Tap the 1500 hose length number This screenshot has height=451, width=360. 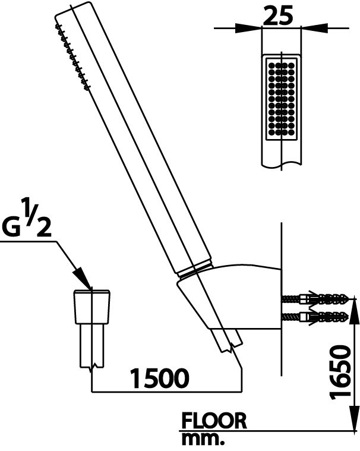[160, 378]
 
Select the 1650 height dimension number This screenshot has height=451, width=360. [341, 373]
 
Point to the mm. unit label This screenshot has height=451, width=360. [203, 440]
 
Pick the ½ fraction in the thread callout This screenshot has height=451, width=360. [38, 217]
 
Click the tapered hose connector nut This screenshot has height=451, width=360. [92, 307]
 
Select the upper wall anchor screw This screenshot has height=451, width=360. [315, 299]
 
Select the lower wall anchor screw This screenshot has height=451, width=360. [315, 317]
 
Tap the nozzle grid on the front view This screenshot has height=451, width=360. [281, 99]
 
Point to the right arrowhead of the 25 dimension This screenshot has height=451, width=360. [314, 28]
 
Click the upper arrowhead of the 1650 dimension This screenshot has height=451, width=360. [353, 311]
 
